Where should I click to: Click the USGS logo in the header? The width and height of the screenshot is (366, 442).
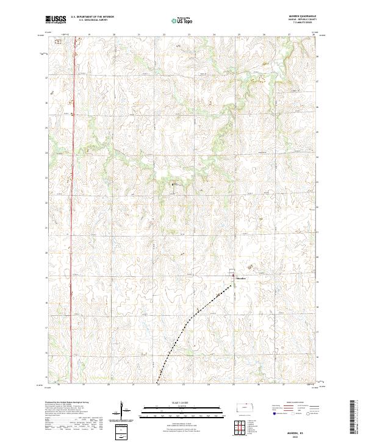tap(56, 20)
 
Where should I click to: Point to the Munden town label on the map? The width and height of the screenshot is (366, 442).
tap(241, 280)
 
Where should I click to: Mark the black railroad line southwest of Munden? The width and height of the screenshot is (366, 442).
tap(195, 317)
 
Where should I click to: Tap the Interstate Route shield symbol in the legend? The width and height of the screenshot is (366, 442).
tap(271, 414)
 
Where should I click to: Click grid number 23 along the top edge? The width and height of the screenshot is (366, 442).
tap(189, 35)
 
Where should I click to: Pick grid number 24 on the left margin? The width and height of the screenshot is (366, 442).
tap(46, 153)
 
